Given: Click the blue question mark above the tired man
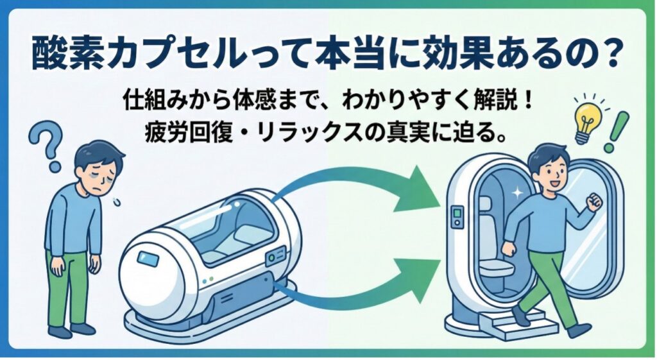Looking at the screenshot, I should (x=46, y=145).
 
